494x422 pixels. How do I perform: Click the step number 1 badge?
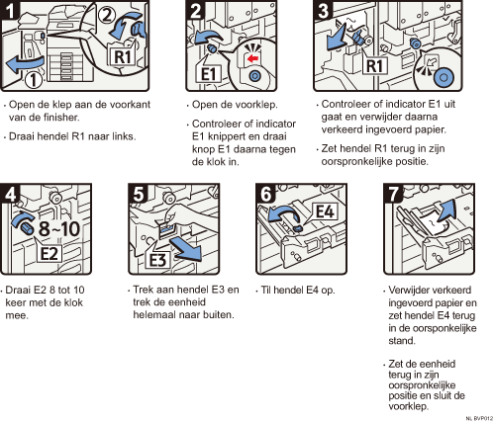pyautogui.click(x=9, y=10)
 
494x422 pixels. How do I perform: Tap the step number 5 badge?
pyautogui.click(x=138, y=194)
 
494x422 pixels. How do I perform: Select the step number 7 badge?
pyautogui.click(x=393, y=194)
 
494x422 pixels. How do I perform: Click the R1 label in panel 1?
pyautogui.click(x=122, y=56)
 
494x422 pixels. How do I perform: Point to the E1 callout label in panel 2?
pyautogui.click(x=208, y=73)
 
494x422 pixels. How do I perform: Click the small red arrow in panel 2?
pyautogui.click(x=252, y=59)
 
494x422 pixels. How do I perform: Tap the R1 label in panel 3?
pyautogui.click(x=374, y=65)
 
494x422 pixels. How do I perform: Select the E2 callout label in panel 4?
pyautogui.click(x=49, y=253)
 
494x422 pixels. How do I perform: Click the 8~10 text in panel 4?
pyautogui.click(x=59, y=228)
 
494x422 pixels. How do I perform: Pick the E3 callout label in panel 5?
pyautogui.click(x=158, y=260)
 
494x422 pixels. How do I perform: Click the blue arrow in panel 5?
pyautogui.click(x=186, y=250)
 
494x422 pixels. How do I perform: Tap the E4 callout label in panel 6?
pyautogui.click(x=325, y=211)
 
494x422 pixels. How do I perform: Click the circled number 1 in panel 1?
pyautogui.click(x=34, y=79)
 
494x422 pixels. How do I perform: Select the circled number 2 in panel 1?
pyautogui.click(x=106, y=15)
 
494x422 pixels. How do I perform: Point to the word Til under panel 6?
pyautogui.click(x=265, y=290)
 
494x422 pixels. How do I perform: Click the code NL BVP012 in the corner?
pyautogui.click(x=479, y=418)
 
